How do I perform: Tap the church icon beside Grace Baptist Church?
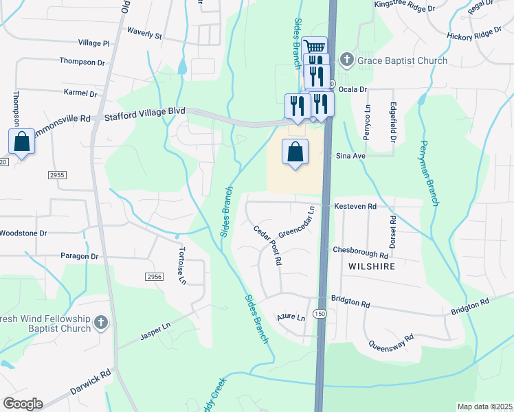pos(346,60)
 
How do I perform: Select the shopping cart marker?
pos(314,47)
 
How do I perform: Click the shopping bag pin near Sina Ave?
pos(295,152)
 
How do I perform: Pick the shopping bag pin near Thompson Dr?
pos(21,142)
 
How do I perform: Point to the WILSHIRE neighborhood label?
pos(372,266)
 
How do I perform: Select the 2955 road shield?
pos(57,175)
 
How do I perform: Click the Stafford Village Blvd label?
pos(145,118)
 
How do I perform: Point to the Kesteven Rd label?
pos(355,206)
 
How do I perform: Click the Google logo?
pos(23,404)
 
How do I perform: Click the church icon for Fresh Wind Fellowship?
pos(100,322)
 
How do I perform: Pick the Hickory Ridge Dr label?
pos(474,34)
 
